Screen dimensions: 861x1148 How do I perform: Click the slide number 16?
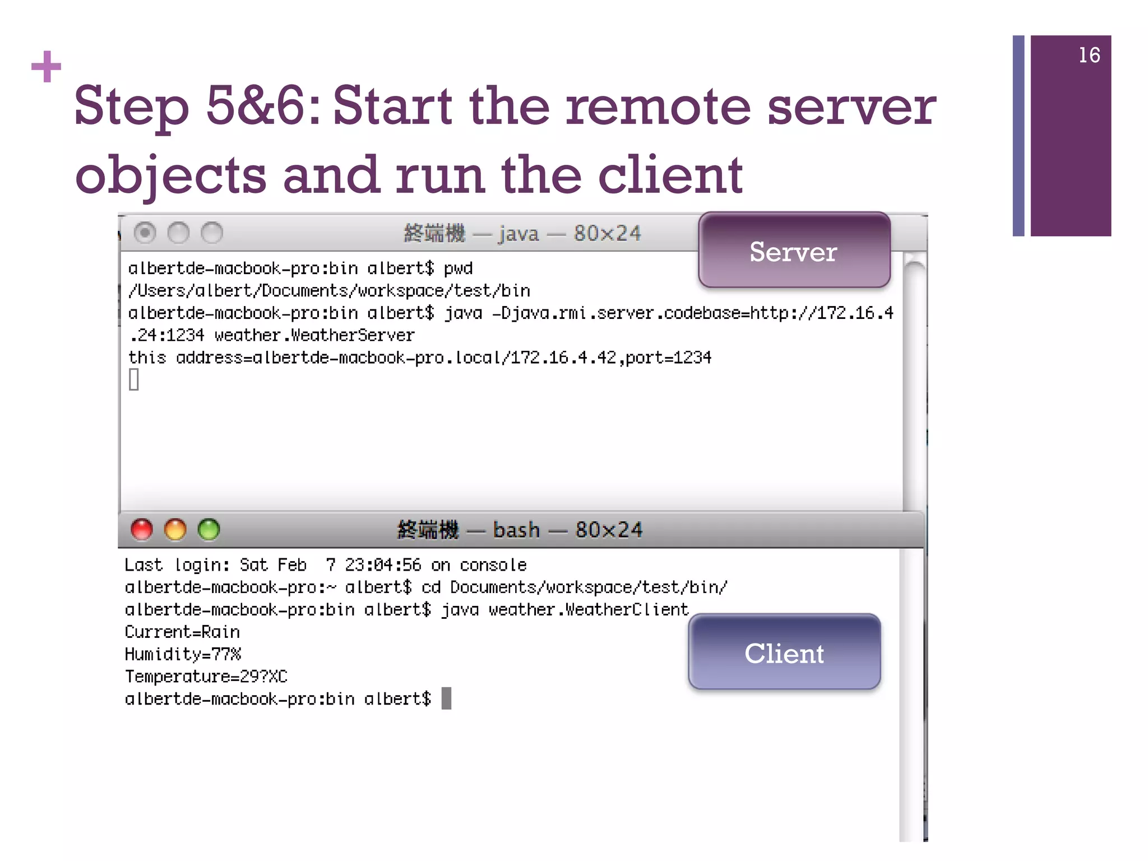click(1089, 55)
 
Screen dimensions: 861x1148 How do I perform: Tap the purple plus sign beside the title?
click(46, 67)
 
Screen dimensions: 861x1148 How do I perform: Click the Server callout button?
click(794, 251)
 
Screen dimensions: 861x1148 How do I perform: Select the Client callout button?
click(784, 652)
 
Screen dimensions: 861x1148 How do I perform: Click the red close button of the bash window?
click(142, 529)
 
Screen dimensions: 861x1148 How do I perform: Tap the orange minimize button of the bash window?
click(175, 529)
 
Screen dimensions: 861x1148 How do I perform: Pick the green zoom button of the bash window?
click(209, 529)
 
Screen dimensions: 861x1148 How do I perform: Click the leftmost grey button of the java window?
click(145, 233)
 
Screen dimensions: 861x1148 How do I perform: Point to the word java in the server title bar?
click(519, 233)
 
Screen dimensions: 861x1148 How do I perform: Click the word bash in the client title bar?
click(516, 530)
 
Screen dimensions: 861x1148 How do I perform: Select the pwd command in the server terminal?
click(458, 269)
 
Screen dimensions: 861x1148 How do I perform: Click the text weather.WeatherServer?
click(314, 335)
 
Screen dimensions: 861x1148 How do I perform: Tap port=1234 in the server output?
click(668, 358)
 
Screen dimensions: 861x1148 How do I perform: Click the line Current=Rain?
click(182, 632)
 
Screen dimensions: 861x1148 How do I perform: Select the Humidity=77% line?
click(183, 654)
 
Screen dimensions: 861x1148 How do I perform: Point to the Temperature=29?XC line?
click(206, 677)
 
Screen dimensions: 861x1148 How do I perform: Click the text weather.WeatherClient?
click(588, 609)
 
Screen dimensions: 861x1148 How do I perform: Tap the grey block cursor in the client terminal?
click(446, 698)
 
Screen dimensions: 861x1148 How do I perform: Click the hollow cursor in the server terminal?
click(134, 379)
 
